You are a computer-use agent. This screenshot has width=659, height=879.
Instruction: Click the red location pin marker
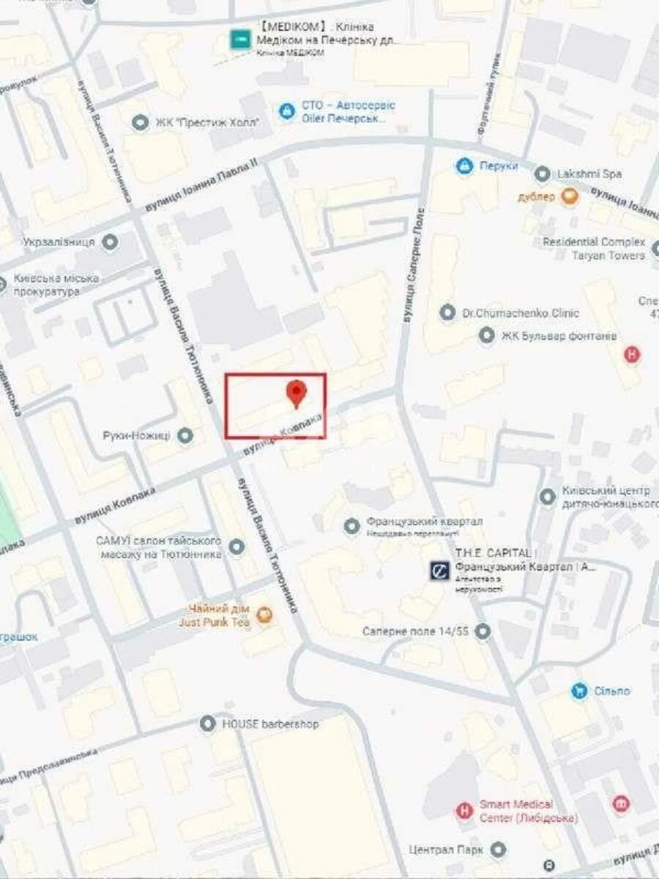296,393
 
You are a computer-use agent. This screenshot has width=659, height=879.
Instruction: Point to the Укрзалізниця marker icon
111,242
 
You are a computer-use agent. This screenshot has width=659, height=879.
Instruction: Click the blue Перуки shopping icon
464,166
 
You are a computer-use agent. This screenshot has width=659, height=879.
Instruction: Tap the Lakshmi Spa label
588,174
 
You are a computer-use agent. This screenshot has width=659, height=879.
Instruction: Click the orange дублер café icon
569,196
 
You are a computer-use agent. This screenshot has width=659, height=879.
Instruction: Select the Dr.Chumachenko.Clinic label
520,314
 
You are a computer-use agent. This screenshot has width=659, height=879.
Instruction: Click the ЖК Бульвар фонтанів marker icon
487,336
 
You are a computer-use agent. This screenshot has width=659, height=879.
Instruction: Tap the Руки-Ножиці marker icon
185,436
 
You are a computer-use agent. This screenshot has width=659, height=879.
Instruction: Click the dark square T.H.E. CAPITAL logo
440,571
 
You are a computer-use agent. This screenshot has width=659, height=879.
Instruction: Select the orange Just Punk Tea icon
265,615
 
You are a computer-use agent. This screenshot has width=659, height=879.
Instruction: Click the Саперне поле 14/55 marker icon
483,631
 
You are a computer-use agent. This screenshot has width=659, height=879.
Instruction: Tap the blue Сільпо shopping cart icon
580,691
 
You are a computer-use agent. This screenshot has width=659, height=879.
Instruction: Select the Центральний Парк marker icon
499,850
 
